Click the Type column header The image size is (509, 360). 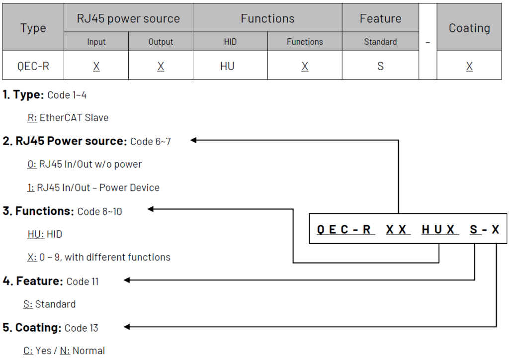click(33, 28)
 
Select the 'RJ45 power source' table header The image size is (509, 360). click(128, 19)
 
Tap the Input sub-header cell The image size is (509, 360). click(96, 42)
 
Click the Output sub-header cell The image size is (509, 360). click(161, 42)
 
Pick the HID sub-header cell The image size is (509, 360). click(230, 42)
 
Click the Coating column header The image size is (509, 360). click(469, 28)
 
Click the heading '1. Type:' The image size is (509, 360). click(23, 94)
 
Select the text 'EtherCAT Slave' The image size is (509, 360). click(74, 118)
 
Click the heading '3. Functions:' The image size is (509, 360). click(38, 211)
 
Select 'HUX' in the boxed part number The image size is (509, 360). click(438, 230)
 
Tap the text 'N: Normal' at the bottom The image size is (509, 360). click(83, 351)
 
